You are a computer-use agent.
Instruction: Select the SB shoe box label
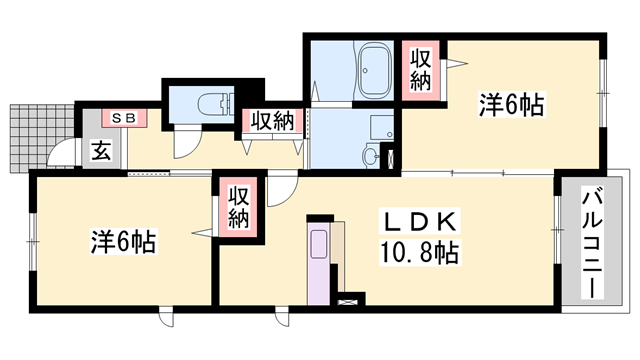[x=124, y=118]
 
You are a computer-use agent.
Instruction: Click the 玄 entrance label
[x=101, y=151]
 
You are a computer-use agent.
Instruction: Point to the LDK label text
[x=419, y=222]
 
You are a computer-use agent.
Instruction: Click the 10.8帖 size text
[x=419, y=252]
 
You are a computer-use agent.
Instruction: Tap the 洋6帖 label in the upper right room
[x=511, y=105]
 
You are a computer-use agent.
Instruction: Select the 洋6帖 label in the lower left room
[x=123, y=241]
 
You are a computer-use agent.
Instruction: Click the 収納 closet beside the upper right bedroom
[x=420, y=70]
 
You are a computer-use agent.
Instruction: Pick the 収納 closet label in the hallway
[x=272, y=121]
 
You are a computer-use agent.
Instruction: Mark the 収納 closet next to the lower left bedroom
[x=238, y=207]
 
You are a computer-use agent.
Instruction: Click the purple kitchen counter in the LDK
[x=318, y=264]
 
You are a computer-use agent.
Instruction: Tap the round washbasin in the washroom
[x=371, y=156]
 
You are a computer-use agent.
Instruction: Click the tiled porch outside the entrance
[x=42, y=138]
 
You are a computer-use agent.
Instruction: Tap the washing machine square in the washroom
[x=382, y=128]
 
